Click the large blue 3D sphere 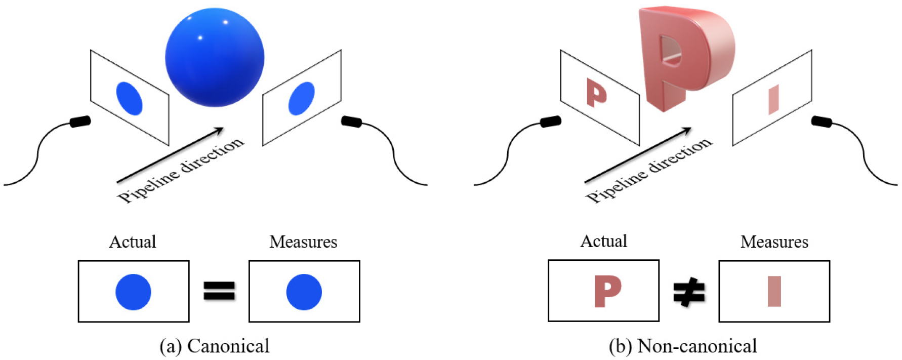pyautogui.click(x=215, y=57)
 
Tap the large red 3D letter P pyautogui.click(x=683, y=58)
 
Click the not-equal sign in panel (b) pyautogui.click(x=689, y=292)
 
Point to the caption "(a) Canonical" pyautogui.click(x=215, y=346)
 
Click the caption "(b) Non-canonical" pyautogui.click(x=683, y=346)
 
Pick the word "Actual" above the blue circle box pyautogui.click(x=133, y=242)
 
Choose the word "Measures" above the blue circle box pyautogui.click(x=303, y=242)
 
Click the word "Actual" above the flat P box pyautogui.click(x=603, y=241)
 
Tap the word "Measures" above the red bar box pyautogui.click(x=774, y=242)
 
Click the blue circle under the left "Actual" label pyautogui.click(x=133, y=292)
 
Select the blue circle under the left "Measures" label pyautogui.click(x=304, y=292)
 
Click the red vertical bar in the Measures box pyautogui.click(x=774, y=291)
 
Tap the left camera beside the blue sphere pyautogui.click(x=80, y=122)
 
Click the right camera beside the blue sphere pyautogui.click(x=351, y=122)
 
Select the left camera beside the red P pyautogui.click(x=551, y=122)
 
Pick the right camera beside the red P pyautogui.click(x=822, y=122)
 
